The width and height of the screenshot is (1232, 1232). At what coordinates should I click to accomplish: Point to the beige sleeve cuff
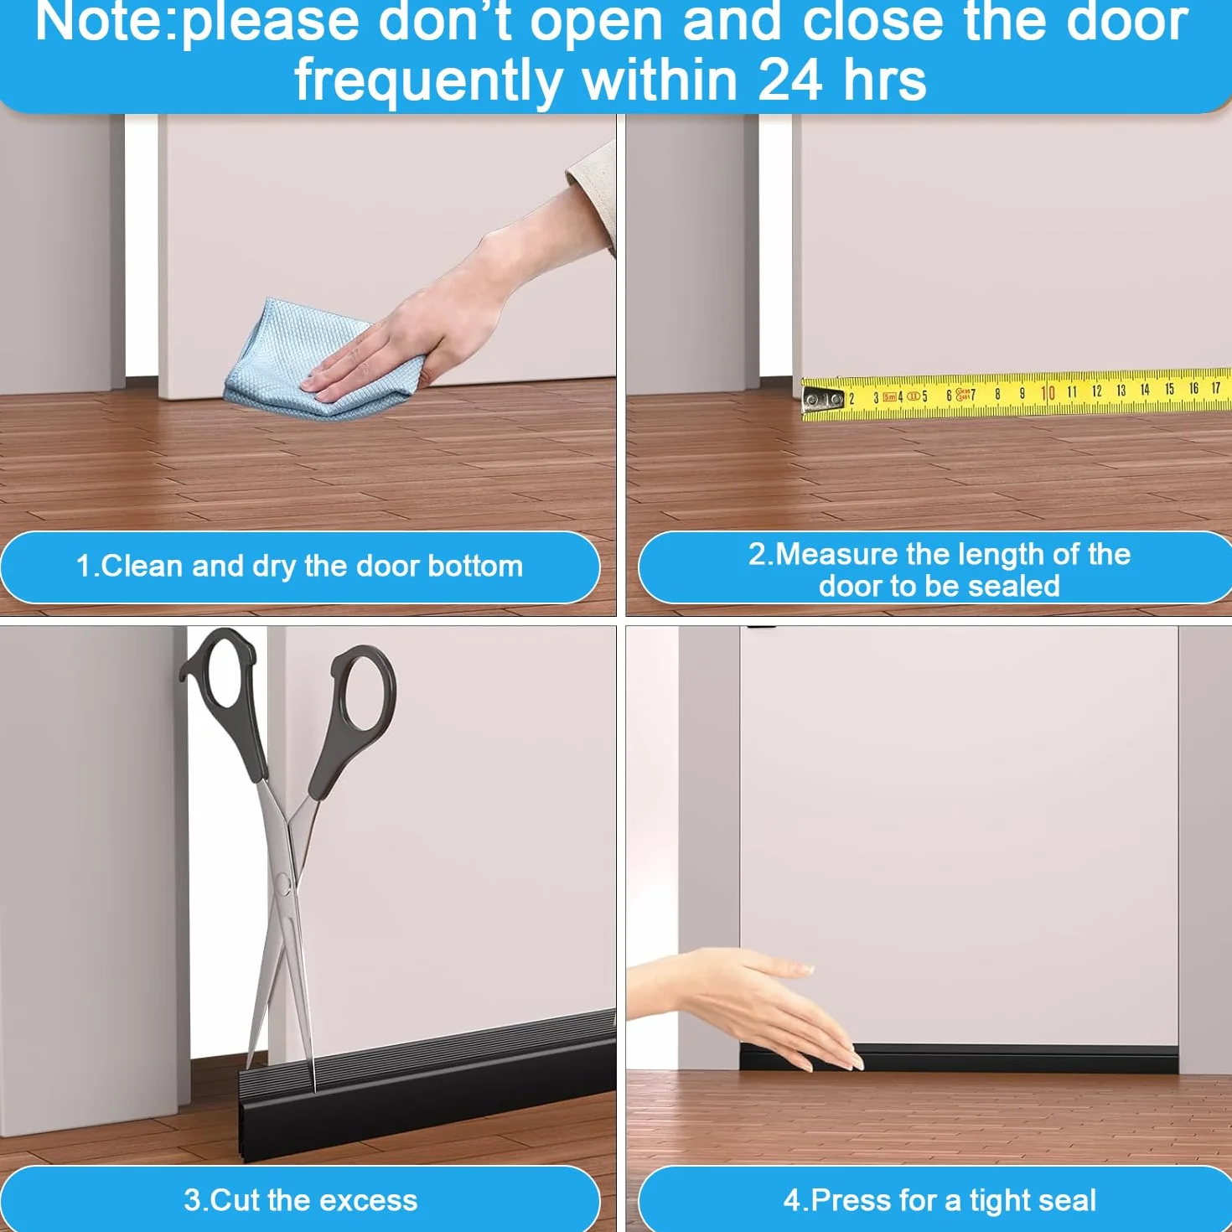[x=592, y=192]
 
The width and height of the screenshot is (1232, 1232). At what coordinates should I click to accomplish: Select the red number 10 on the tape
[x=1048, y=392]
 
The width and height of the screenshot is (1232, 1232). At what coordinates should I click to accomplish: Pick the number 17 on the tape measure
[x=1217, y=387]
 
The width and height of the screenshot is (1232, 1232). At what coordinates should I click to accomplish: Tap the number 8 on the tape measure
[x=997, y=395]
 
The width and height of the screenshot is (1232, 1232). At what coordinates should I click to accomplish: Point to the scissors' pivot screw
[x=286, y=883]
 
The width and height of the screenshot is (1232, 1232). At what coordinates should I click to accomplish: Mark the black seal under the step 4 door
[x=959, y=1059]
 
